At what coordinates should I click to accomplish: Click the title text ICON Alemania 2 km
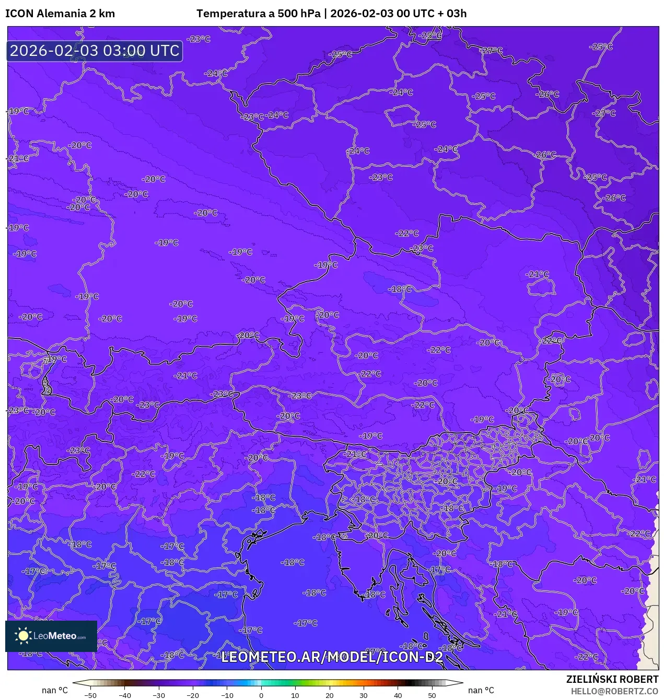coord(60,14)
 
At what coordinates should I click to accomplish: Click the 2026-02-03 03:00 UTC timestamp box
coord(95,51)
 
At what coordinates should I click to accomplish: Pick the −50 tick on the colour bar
coord(90,695)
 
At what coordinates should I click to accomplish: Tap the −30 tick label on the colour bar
coord(159,695)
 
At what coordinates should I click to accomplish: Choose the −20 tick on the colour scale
coord(193,695)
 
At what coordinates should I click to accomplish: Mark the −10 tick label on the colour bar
coord(227,695)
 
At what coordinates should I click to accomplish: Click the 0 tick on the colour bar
coord(261,695)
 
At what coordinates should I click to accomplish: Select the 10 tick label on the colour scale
coord(295,695)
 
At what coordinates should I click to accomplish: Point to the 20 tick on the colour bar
coord(330,695)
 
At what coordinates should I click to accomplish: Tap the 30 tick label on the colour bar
coord(364,695)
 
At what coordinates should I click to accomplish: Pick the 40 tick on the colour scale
coord(398,695)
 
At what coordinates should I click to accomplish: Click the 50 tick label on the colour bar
coord(432,695)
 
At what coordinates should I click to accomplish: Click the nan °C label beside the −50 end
coord(55,690)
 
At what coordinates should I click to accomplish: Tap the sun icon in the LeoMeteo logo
coord(24,636)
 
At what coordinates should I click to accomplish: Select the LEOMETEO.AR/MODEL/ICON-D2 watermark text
coord(332,657)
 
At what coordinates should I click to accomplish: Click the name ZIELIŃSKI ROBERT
coord(612,679)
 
